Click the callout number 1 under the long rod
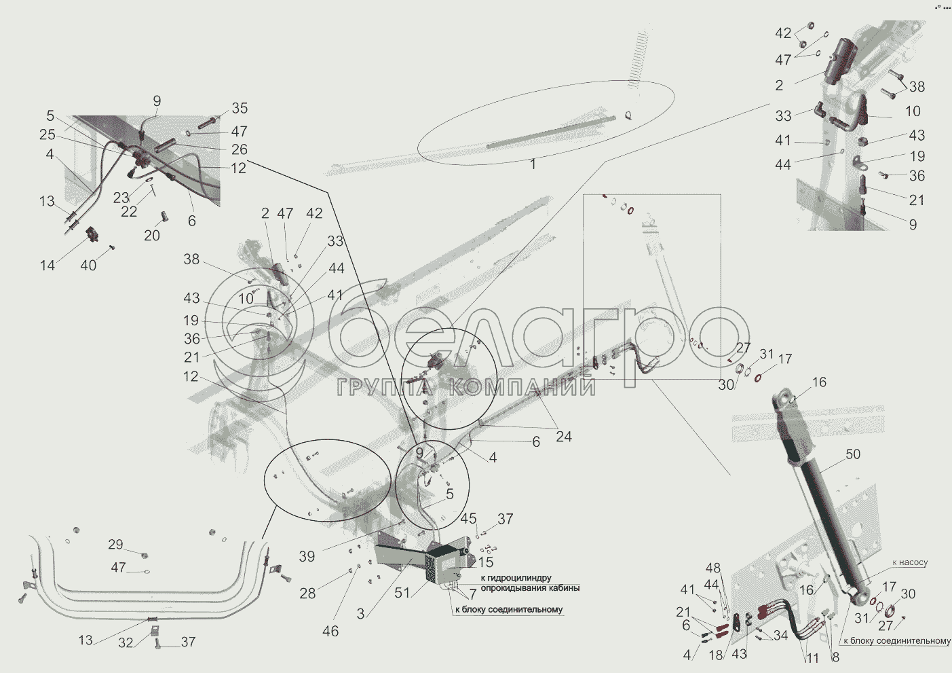[533, 164]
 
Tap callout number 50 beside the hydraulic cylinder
[853, 454]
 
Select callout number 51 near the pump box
[403, 592]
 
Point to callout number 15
[486, 563]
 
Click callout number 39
[307, 556]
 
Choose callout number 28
[307, 594]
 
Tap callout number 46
[330, 632]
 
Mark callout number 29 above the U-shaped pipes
[115, 545]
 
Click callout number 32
[126, 642]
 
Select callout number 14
[47, 266]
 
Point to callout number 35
[240, 108]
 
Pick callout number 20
[151, 235]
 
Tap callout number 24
[564, 436]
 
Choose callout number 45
[468, 519]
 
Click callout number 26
[240, 149]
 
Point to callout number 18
[715, 655]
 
